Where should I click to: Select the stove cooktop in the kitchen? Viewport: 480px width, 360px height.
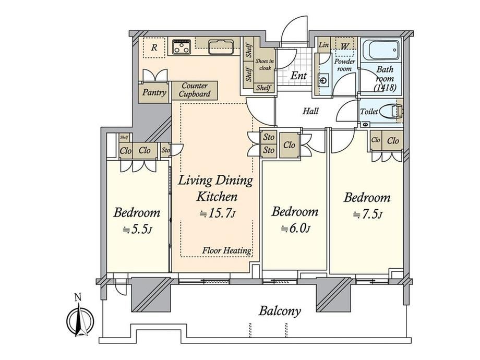click(x=182, y=47)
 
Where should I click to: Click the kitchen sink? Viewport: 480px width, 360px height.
click(x=220, y=47)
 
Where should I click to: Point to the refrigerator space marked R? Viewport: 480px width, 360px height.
click(x=154, y=47)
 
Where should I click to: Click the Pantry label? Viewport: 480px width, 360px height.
click(x=154, y=92)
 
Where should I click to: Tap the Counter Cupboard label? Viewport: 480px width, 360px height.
click(x=195, y=90)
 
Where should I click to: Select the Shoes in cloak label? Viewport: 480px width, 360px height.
click(x=265, y=65)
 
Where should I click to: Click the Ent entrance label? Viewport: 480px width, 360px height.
click(x=298, y=76)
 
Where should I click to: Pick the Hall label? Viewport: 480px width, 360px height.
click(x=310, y=111)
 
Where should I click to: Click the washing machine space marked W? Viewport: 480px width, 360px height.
click(x=345, y=46)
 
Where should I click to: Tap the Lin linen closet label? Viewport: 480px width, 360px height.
click(x=323, y=45)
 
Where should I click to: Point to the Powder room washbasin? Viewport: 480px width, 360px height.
click(x=323, y=80)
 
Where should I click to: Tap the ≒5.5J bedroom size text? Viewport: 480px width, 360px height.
click(x=137, y=229)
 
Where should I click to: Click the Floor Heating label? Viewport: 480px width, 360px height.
click(x=227, y=250)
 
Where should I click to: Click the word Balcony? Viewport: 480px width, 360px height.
click(x=280, y=311)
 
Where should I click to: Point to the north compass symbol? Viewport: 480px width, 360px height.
click(x=80, y=318)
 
